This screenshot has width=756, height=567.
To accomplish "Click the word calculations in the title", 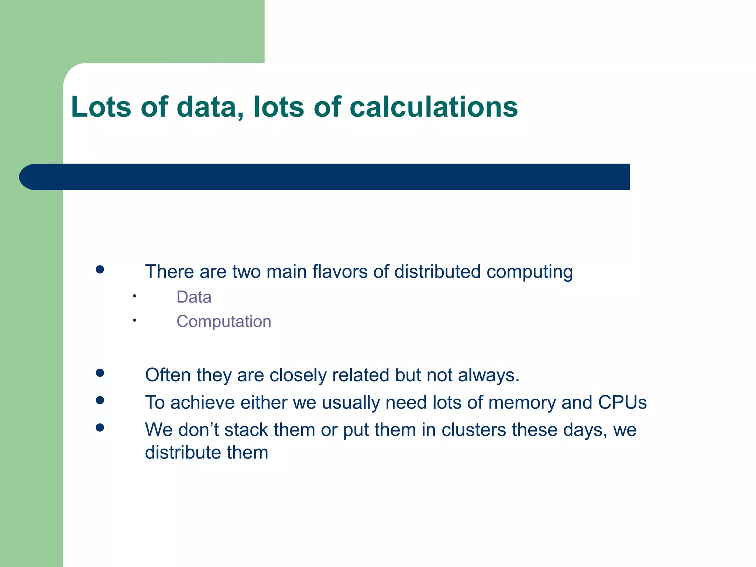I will coord(433,107).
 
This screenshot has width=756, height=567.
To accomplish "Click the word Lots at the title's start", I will coord(101,107).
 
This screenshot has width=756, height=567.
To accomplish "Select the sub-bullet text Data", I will coord(194,297).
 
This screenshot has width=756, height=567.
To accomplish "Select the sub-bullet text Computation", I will coord(224,322).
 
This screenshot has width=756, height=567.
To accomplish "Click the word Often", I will coord(168,375).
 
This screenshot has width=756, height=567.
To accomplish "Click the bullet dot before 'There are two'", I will coord(100,269).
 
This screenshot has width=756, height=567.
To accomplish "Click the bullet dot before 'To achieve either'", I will coord(100,400).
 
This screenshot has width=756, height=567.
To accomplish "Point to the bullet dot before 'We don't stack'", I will coord(100,427).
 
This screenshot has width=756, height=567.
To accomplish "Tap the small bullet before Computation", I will coord(135,320).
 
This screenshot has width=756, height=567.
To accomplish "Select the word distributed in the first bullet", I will coord(437,272).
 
